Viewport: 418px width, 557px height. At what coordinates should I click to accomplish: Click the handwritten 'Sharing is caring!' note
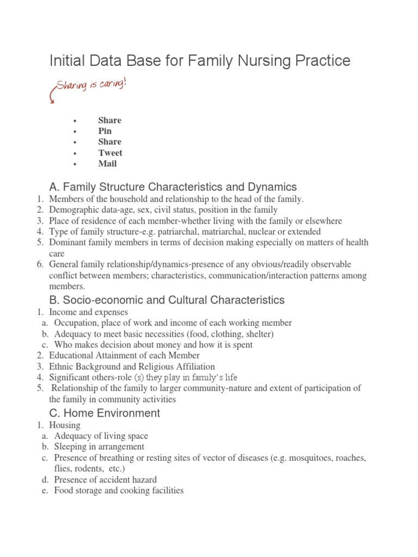91,88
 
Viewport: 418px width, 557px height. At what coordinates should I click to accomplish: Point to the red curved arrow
53,95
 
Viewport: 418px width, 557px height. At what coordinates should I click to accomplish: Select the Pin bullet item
104,131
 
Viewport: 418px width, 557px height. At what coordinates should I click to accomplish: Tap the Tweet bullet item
110,153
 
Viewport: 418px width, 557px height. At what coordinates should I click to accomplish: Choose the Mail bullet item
107,164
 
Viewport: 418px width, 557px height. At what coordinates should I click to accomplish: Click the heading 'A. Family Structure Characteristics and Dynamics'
173,187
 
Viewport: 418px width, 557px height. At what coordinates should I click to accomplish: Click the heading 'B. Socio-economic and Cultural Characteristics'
167,300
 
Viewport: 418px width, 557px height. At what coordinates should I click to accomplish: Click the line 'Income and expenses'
88,312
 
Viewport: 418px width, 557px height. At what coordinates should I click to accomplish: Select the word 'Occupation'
75,323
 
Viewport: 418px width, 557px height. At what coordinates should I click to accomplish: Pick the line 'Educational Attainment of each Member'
124,356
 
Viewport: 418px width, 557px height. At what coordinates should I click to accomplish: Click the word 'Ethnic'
61,367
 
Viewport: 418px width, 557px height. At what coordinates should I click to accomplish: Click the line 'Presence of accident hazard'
106,480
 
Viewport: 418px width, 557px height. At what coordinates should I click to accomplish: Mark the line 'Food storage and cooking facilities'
119,491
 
